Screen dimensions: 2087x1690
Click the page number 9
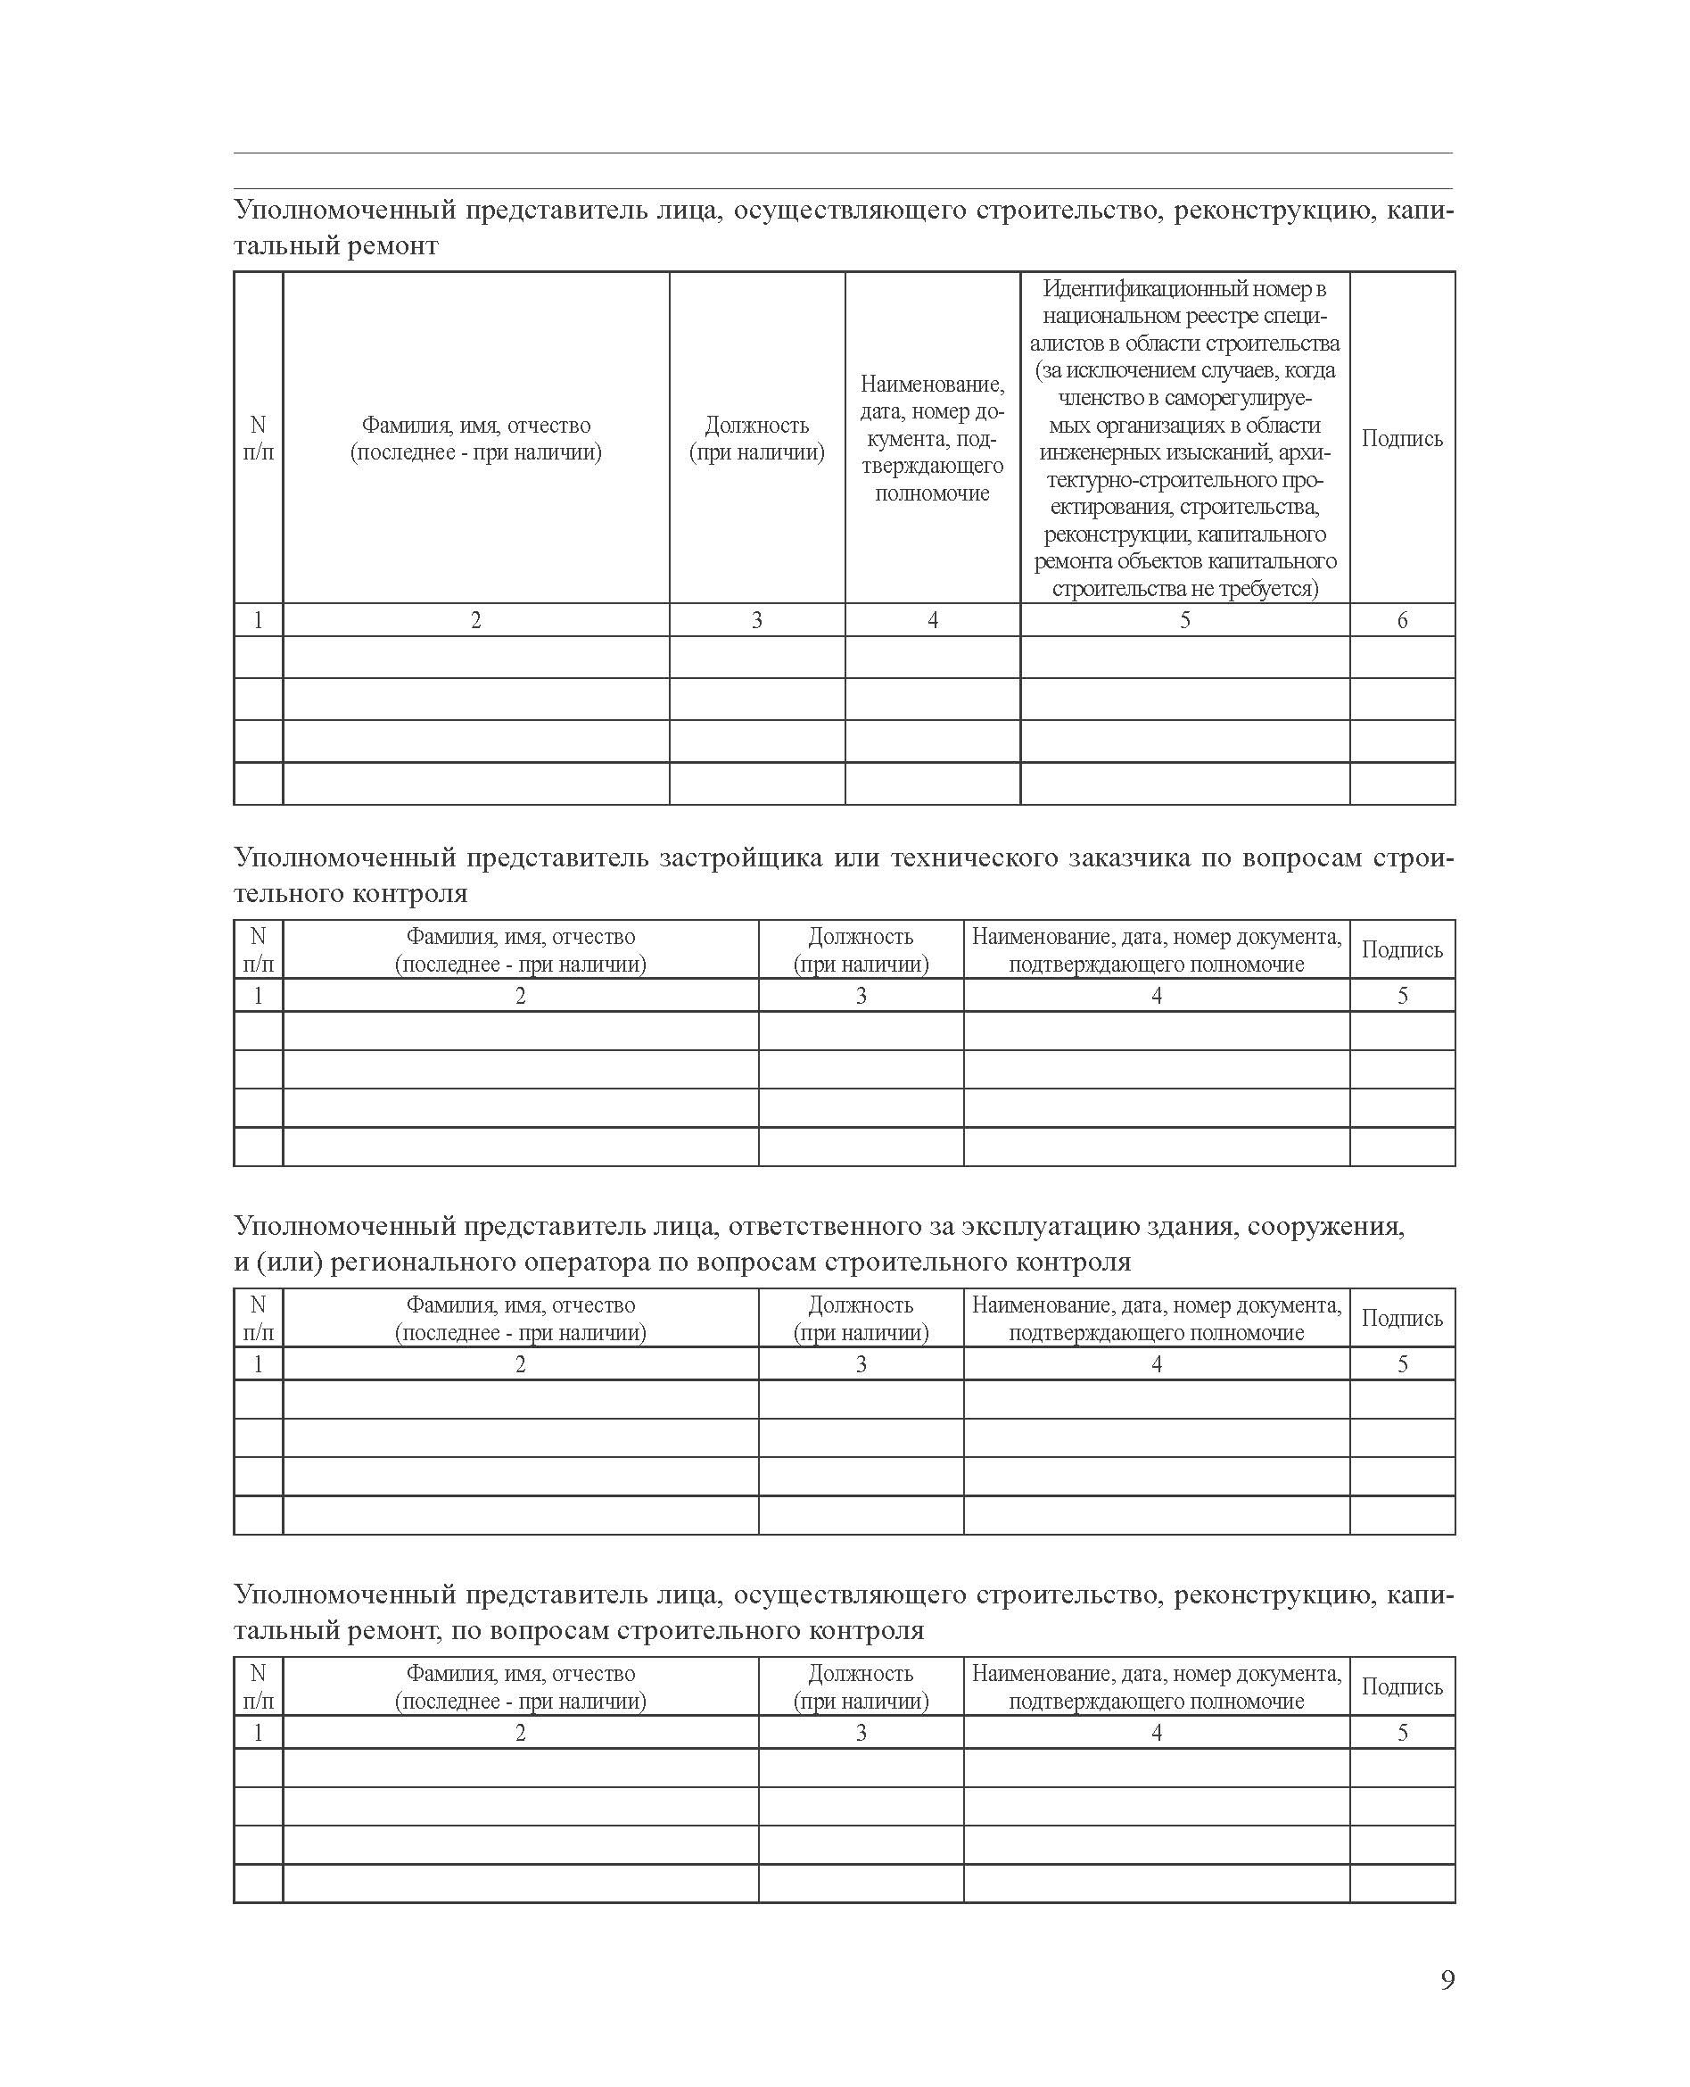coord(1447,1980)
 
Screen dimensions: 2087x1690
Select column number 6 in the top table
coord(1402,620)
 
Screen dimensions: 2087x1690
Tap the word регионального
coord(425,1263)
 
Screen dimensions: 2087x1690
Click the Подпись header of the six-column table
coord(1402,438)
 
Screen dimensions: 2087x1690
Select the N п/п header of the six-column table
coord(258,438)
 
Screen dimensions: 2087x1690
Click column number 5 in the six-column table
coord(1184,620)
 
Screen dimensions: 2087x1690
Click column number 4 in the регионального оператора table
coord(1157,1364)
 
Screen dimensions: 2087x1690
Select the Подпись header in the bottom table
coord(1402,1686)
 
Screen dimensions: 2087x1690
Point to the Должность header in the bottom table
coord(861,1673)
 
